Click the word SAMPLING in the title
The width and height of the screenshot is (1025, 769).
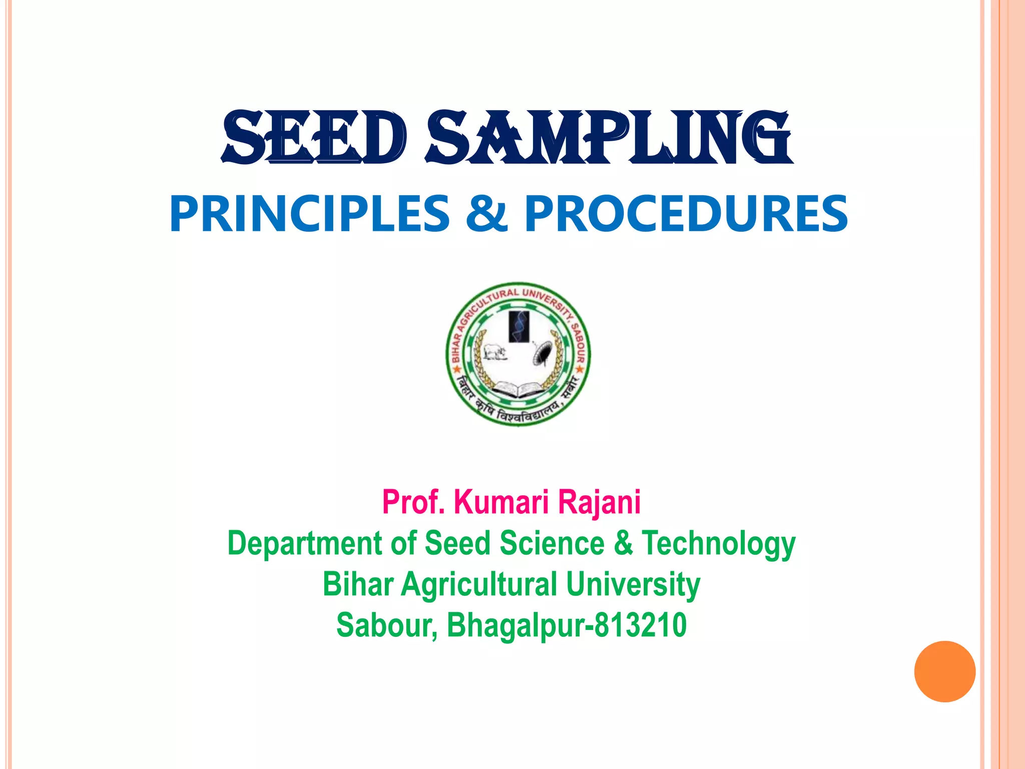(609, 138)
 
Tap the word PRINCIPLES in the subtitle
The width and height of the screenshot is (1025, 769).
(310, 214)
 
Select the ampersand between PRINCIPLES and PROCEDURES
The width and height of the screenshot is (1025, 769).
(486, 214)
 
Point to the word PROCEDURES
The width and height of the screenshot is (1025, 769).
(686, 214)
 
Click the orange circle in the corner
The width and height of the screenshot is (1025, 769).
(944, 671)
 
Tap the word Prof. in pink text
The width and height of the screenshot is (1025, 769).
(413, 502)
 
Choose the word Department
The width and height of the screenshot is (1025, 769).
(304, 544)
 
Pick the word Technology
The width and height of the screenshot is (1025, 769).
(718, 544)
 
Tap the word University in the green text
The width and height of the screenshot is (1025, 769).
(633, 585)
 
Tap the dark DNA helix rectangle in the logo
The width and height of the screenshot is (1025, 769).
(519, 326)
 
